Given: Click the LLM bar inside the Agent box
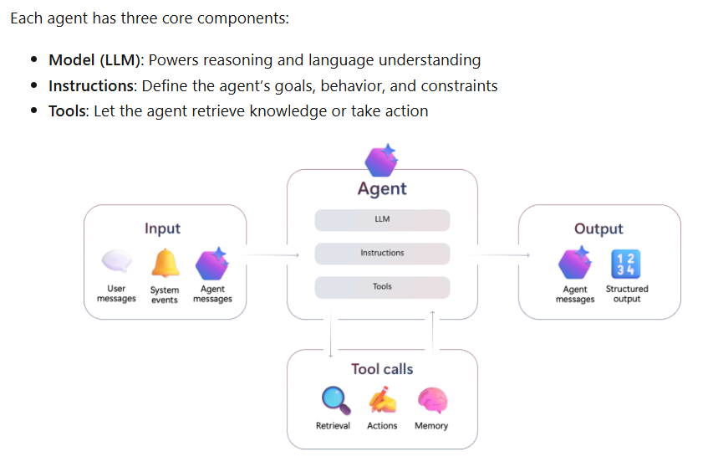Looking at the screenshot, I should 382,220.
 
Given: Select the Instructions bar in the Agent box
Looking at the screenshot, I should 382,253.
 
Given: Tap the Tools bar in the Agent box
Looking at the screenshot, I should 382,287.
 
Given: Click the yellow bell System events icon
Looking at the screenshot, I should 165,264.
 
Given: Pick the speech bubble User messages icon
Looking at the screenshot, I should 116,263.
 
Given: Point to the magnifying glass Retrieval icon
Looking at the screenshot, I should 334,401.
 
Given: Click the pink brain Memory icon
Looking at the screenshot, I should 431,401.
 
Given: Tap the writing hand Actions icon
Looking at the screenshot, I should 383,401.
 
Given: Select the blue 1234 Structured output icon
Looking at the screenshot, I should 626,264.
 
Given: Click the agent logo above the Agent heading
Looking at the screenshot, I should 382,159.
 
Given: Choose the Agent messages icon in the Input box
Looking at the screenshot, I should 212,264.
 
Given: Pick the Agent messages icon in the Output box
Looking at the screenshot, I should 575,264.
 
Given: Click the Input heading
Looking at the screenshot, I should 162,228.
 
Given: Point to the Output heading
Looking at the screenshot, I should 599,228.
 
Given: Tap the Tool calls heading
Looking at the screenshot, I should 382,369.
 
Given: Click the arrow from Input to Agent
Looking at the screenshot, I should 272,255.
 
